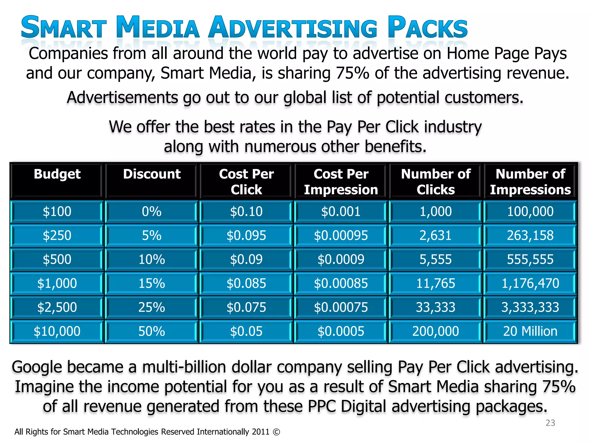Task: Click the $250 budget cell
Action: click(57, 235)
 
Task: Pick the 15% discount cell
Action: click(152, 283)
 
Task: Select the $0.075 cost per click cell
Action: click(246, 307)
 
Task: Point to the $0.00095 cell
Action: click(341, 235)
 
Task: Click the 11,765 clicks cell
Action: click(435, 283)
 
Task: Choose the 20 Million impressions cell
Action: click(530, 331)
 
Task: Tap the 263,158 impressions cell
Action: click(530, 235)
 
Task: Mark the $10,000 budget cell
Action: click(57, 331)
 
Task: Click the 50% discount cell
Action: click(152, 331)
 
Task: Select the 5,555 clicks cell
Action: click(435, 259)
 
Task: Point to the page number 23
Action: click(550, 423)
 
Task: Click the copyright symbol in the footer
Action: click(276, 432)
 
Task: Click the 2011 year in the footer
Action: click(261, 432)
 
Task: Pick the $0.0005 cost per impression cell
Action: click(341, 331)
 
